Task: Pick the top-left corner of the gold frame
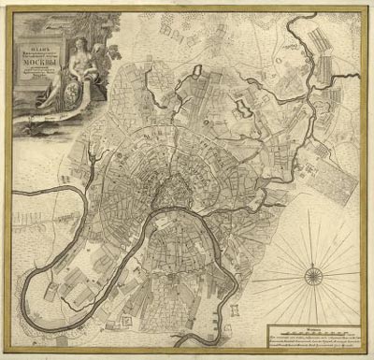pos(7,7)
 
